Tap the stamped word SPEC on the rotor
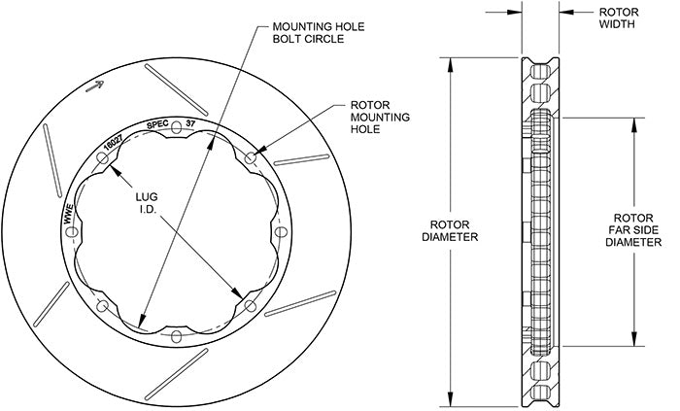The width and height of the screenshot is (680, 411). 157,123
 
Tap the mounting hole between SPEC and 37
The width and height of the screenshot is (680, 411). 176,128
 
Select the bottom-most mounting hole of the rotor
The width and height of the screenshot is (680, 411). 176,336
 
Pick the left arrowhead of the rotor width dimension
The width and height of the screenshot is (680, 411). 518,13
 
